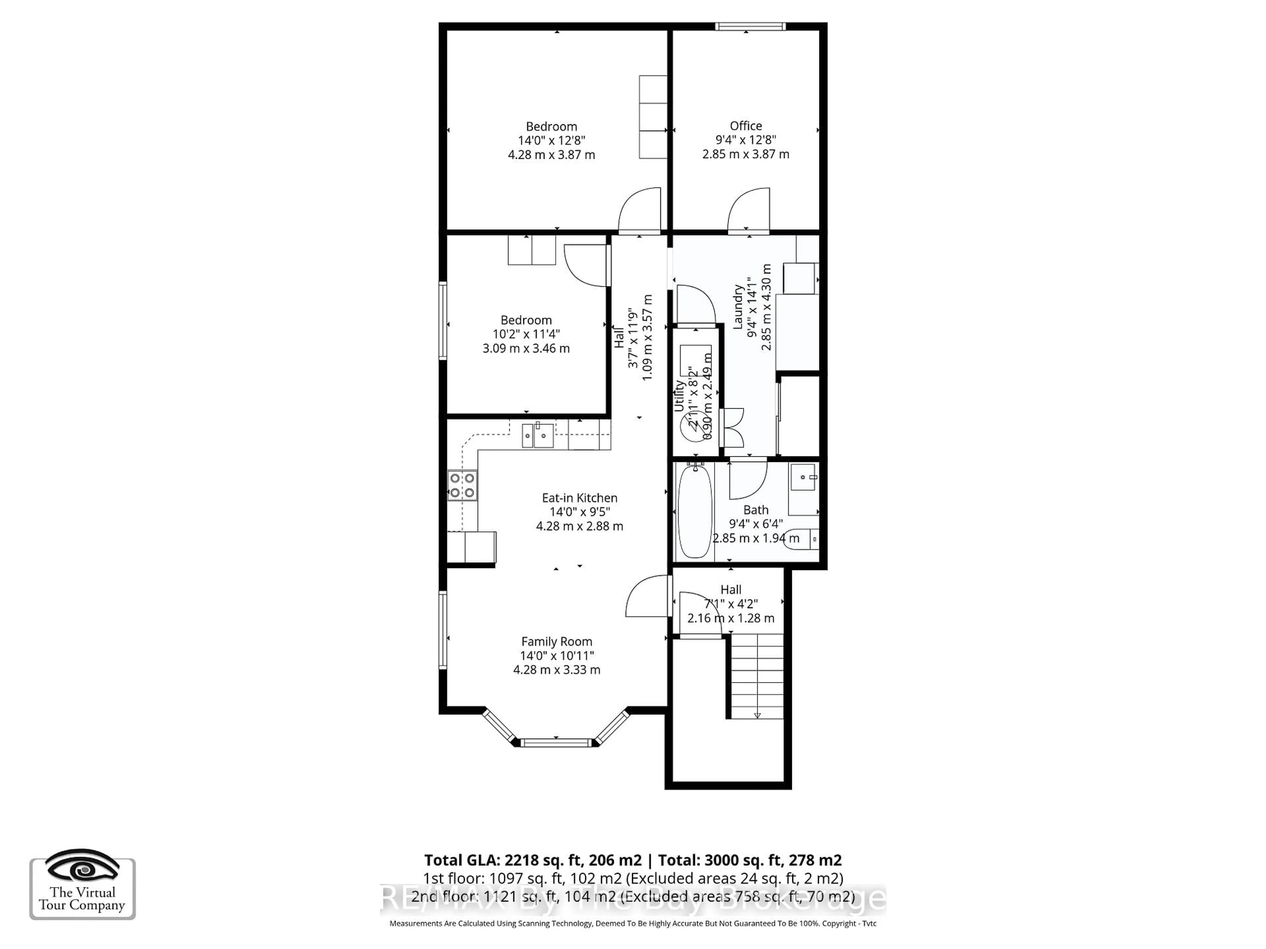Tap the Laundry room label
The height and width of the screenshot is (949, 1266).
click(x=738, y=307)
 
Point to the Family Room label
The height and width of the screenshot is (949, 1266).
click(x=556, y=642)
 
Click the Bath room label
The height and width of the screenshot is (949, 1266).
click(x=756, y=510)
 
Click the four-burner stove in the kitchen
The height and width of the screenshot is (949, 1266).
click(x=462, y=485)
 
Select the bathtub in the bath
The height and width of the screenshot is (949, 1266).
click(x=695, y=511)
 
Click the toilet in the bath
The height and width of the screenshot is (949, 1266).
click(x=801, y=539)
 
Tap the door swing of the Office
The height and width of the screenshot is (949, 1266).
click(x=749, y=210)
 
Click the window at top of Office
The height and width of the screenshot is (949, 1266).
click(x=750, y=26)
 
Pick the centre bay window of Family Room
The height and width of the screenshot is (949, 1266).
click(x=555, y=742)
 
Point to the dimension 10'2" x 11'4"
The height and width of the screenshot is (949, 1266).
click(x=526, y=334)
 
